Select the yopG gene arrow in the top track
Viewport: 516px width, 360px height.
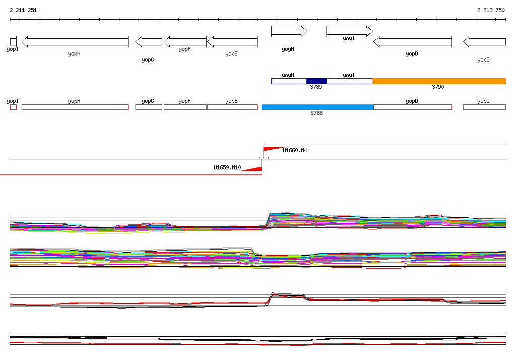click(149, 42)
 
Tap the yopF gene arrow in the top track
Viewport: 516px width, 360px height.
click(185, 42)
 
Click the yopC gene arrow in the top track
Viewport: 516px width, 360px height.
click(484, 42)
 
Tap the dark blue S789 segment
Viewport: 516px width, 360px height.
click(316, 81)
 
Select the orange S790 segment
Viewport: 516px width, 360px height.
click(439, 81)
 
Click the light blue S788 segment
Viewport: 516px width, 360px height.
click(317, 107)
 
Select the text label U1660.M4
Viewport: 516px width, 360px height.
click(295, 150)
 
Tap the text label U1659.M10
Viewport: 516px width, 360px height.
click(227, 168)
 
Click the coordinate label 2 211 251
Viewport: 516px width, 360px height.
click(23, 10)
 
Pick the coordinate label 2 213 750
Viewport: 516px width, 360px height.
click(491, 10)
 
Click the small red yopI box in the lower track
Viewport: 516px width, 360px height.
click(13, 107)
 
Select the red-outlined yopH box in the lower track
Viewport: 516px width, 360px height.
click(75, 107)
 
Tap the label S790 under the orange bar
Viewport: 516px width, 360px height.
click(438, 87)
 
